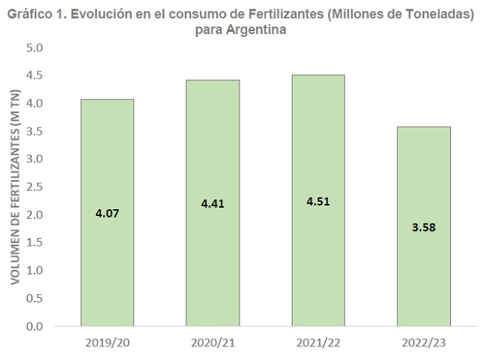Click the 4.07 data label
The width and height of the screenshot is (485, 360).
tap(107, 214)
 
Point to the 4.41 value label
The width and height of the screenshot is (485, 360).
tap(213, 204)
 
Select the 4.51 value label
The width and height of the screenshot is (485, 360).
tap(318, 201)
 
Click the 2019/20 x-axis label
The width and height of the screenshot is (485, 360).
tap(107, 343)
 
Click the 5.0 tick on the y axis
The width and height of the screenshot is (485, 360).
tap(36, 48)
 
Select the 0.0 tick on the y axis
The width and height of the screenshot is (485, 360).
tap(36, 327)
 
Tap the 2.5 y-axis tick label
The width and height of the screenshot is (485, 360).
tap(36, 187)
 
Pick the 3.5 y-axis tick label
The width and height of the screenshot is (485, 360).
tap(36, 131)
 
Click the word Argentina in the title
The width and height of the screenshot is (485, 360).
tap(261, 30)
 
